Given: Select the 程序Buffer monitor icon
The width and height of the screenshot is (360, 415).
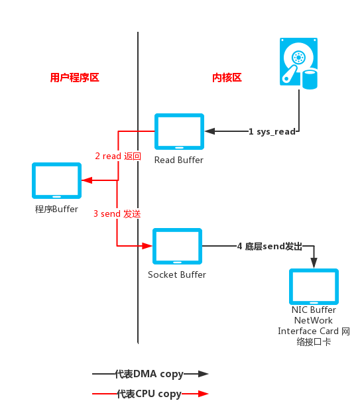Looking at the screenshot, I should pos(57,180).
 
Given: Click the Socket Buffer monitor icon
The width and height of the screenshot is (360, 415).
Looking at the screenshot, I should pos(177,247).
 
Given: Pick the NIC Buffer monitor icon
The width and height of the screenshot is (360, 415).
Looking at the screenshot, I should pos(314,286).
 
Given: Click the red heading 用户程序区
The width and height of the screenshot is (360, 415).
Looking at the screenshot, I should pos(74,78).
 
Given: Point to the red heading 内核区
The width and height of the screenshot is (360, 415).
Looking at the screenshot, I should pos(227,78).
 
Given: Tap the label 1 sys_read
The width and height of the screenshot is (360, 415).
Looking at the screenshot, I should pos(272,131).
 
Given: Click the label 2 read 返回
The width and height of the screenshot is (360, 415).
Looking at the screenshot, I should pos(118,156).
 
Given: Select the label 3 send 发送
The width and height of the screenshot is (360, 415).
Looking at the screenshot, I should pos(117,213).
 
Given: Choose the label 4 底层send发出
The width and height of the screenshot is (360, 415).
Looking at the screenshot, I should pos(269,247).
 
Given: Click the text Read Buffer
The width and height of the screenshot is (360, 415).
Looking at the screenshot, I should pos(179,160).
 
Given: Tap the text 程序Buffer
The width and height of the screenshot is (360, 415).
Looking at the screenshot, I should pos(56,209).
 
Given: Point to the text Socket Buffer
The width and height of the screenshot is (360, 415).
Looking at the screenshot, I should pos(177,274).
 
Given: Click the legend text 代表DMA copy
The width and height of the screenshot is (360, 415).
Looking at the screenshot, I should pos(149,374).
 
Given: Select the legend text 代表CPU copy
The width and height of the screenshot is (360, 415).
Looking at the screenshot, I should pos(149,394).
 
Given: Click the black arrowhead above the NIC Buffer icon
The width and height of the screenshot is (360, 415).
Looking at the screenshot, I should pos(314,264).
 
